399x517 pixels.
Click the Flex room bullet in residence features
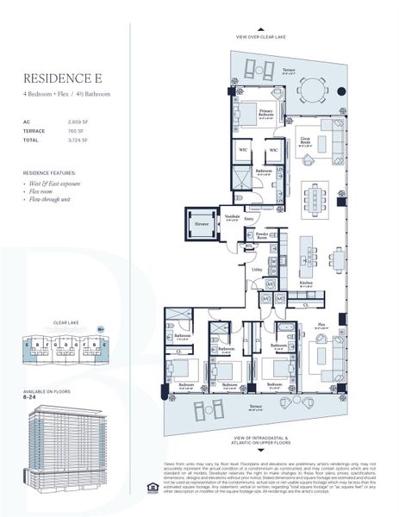coord(48,191)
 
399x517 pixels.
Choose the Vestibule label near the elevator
coord(232,217)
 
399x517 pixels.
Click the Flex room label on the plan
coord(321,325)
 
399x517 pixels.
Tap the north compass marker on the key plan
coord(101,328)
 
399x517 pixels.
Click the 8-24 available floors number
coord(31,396)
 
